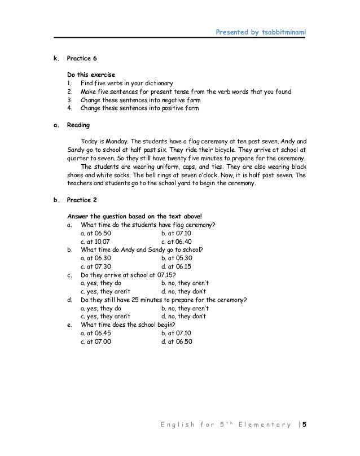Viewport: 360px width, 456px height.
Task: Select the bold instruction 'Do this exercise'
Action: click(x=91, y=74)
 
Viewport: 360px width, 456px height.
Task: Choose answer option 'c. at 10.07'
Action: click(x=96, y=241)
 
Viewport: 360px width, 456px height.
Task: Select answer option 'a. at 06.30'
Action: click(x=96, y=258)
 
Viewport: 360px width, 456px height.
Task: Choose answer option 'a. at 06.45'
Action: click(x=96, y=334)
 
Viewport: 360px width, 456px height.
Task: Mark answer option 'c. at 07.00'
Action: click(x=96, y=342)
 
